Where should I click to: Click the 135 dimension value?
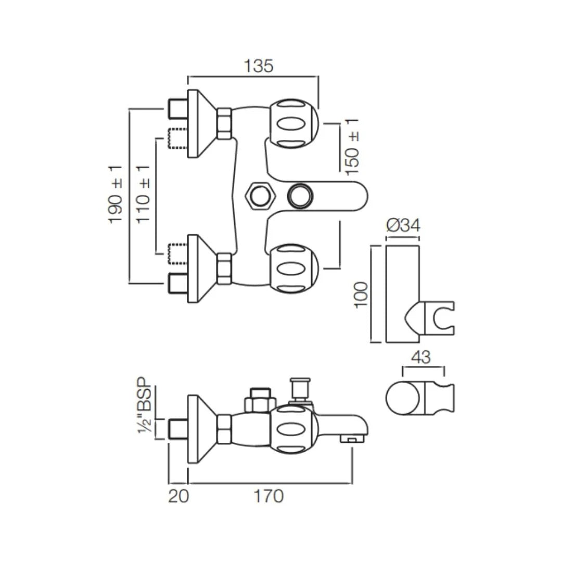[259, 66]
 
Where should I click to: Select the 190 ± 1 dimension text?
[116, 194]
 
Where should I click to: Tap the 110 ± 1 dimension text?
[144, 194]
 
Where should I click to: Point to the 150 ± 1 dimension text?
[352, 146]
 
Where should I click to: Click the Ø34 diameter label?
[403, 226]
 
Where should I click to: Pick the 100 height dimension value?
[361, 295]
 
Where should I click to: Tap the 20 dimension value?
[178, 496]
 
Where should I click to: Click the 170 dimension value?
[269, 496]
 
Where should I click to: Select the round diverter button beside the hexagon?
[301, 195]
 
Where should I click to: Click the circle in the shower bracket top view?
[402, 399]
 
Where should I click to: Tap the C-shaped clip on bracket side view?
[441, 318]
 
